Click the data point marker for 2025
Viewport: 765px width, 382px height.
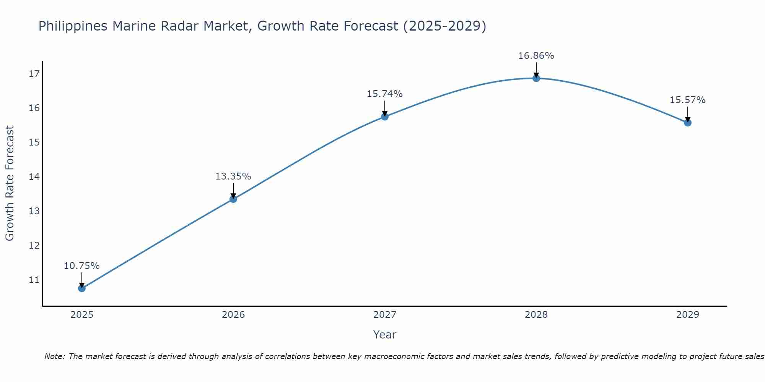tap(82, 288)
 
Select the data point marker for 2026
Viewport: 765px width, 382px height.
tap(233, 199)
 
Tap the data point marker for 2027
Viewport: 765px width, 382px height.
tap(385, 117)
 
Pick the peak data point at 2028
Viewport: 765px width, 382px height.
tap(536, 78)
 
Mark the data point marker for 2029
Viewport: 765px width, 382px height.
tap(688, 123)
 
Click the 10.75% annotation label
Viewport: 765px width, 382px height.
tap(81, 266)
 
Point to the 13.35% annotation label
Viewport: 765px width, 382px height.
tap(233, 176)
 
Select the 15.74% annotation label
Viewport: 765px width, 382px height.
tap(384, 94)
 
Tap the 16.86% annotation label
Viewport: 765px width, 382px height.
tap(536, 56)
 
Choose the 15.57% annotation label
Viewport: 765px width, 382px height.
tap(687, 100)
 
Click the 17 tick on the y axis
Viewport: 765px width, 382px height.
tap(34, 74)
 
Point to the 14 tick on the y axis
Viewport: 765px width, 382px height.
tap(34, 177)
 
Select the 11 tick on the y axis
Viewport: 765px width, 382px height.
tap(34, 280)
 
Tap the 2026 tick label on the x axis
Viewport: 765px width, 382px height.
tap(233, 315)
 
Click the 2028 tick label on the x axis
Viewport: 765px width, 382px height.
tap(536, 315)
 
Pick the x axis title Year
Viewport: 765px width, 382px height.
tap(384, 335)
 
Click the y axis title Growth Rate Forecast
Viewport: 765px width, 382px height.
tap(10, 183)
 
